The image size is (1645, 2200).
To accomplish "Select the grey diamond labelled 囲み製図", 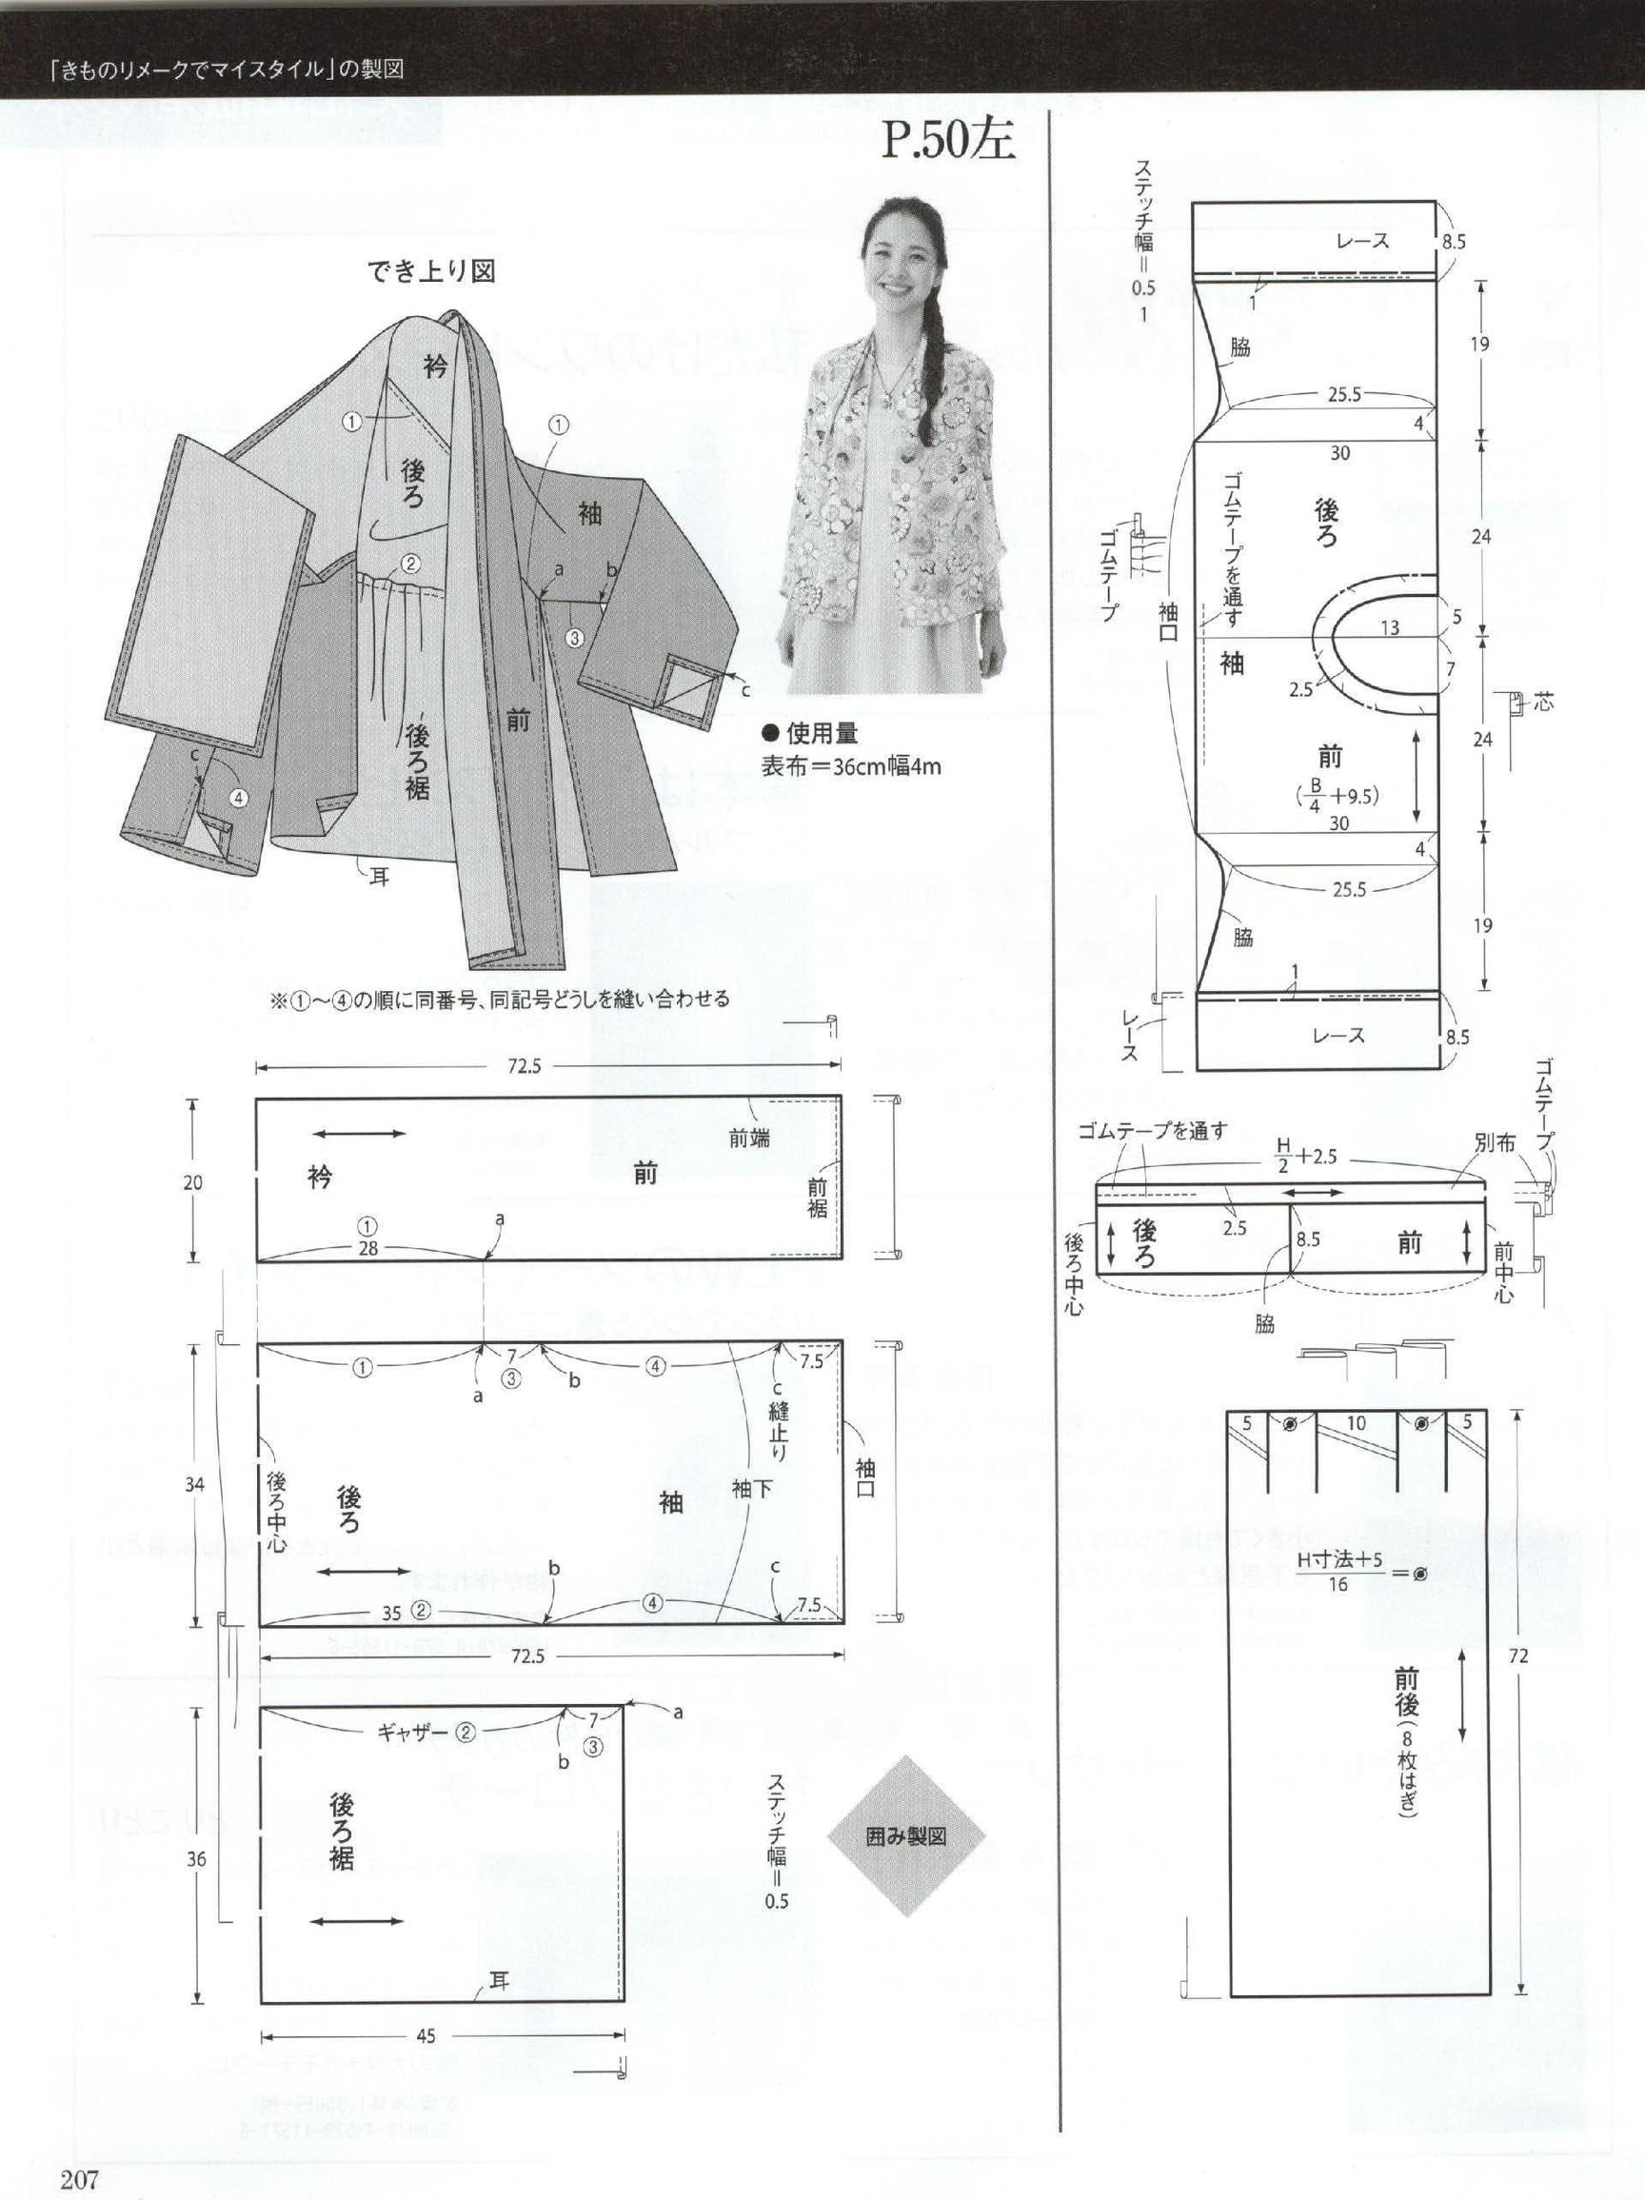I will click(905, 1836).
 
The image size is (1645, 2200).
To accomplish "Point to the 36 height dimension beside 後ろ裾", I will click(196, 1859).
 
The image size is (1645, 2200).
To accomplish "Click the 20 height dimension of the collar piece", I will click(193, 1181).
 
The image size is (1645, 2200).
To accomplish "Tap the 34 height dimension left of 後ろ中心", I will click(195, 1485).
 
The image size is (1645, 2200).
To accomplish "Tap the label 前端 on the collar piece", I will click(749, 1138).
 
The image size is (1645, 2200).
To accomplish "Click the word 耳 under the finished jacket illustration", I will click(379, 877).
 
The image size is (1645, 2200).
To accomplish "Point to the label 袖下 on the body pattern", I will click(751, 1488).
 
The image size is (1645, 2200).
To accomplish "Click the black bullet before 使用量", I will click(769, 734).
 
